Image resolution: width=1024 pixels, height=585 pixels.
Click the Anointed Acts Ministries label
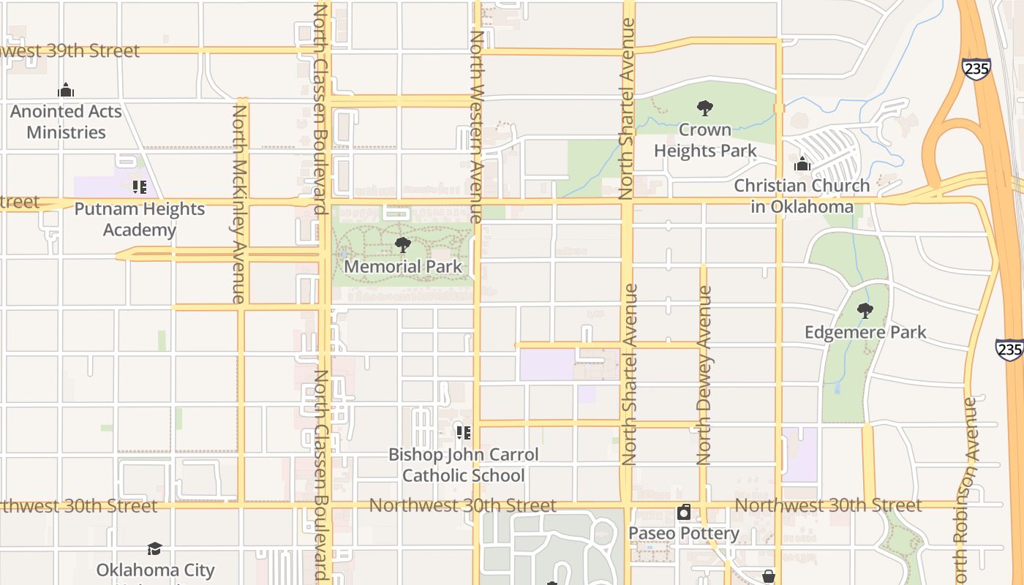pos(66,122)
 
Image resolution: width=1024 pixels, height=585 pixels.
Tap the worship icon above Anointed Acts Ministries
pos(66,91)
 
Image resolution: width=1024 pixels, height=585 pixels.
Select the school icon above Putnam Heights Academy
pos(139,187)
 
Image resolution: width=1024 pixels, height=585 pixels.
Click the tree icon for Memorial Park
pos(402,245)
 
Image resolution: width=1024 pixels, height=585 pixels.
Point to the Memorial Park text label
pos(402,267)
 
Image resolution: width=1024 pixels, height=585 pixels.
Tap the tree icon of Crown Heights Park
pos(705,109)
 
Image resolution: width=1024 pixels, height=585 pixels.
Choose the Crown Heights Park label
pos(705,140)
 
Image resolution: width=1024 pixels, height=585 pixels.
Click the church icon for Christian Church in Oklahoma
pos(802,164)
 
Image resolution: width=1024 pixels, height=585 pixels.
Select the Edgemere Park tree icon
pos(865,311)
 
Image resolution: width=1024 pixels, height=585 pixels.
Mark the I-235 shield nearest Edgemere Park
pos(1009,349)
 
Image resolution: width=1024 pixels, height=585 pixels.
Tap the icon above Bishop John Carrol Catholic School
pos(463,433)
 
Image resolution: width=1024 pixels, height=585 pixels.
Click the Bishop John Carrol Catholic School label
pos(463,465)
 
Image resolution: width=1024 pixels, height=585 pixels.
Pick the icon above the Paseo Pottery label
pos(684,512)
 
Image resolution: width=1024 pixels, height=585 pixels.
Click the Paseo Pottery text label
pos(684,533)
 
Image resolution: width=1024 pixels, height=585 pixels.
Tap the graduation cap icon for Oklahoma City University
pos(154,548)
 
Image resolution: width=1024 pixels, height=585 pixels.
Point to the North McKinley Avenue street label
pos(239,203)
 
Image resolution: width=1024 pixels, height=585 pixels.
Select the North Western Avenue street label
pos(476,127)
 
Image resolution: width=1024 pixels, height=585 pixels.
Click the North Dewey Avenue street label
pos(704,375)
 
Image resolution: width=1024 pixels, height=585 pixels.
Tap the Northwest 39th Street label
pos(69,50)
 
